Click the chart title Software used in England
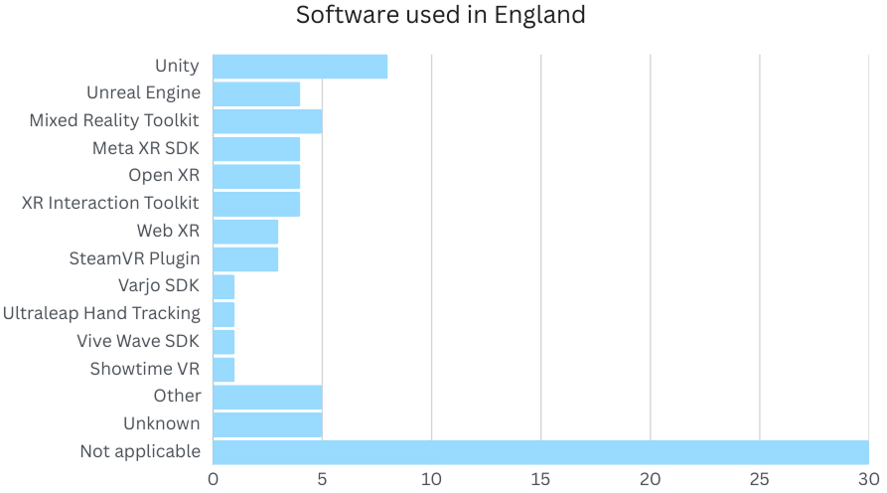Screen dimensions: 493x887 coord(441,16)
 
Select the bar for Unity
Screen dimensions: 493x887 coord(299,67)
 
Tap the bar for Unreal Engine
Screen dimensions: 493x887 coord(256,93)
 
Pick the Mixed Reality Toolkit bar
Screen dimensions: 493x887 coord(267,121)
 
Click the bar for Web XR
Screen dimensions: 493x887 coord(245,232)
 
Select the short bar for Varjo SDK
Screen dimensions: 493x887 coord(223,286)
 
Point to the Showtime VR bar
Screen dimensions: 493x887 coord(223,369)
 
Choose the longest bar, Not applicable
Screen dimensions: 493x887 coord(540,452)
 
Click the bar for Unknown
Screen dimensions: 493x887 coord(267,424)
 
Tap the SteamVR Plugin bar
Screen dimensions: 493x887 coord(245,259)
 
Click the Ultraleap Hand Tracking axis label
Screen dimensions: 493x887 coord(101,313)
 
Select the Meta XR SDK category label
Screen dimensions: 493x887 coord(146,148)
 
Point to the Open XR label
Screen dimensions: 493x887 coord(164,176)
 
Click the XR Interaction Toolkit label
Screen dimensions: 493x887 coord(110,203)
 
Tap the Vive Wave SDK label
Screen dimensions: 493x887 coord(138,341)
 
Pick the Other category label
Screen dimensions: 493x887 coord(177,396)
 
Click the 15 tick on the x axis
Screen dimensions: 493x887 coord(540,479)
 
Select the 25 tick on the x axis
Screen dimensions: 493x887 coord(759,479)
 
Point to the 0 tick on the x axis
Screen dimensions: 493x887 coord(213,479)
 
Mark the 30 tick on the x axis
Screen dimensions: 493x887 coord(867,479)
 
